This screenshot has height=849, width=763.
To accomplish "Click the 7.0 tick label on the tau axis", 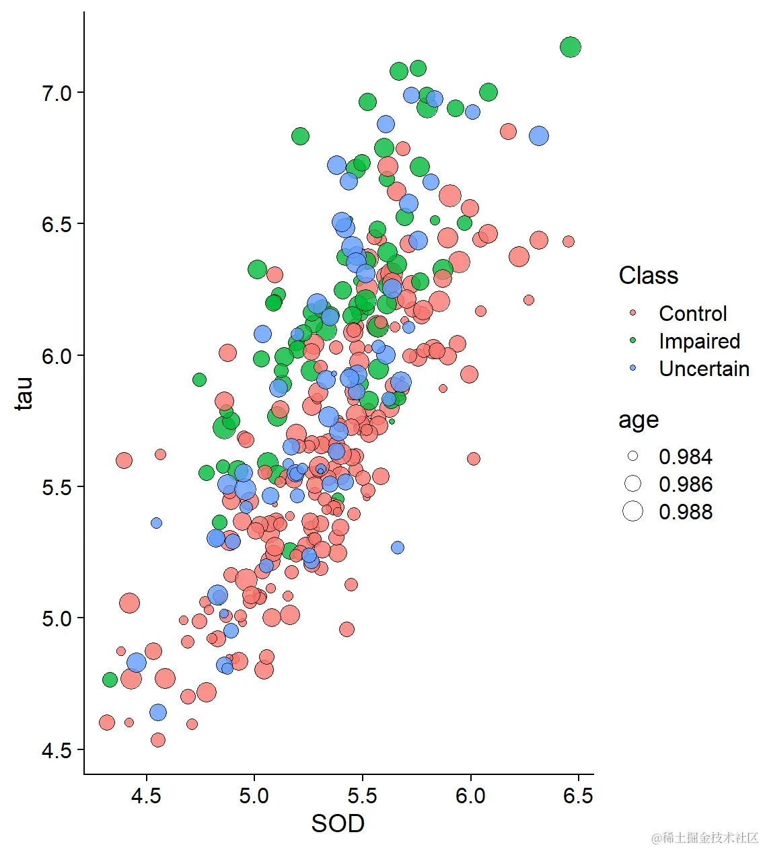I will pos(57,93).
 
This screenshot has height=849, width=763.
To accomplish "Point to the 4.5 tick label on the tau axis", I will pos(57,750).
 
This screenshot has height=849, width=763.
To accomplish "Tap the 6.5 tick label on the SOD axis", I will pos(578,797).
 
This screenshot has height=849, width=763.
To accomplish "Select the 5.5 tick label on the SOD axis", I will pos(362,797).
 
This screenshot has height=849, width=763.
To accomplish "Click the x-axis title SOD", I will pos(338,824).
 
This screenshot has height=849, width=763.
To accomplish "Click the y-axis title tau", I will pos(24,394).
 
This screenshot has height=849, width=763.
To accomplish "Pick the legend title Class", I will pos(648,276).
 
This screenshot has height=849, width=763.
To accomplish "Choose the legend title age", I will pos(638,420).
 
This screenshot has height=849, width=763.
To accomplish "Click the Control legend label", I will pos(692,313).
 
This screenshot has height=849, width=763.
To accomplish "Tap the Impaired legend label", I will pos(699,341).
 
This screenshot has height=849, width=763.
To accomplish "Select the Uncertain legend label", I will pos(704,369).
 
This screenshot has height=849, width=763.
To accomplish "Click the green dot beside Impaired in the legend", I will pos(632,341).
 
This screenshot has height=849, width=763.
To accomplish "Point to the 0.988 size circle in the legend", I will pos(632,512).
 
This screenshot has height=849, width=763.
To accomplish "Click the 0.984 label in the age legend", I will pos(685,457).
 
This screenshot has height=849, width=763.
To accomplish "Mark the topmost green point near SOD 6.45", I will pos(570,47).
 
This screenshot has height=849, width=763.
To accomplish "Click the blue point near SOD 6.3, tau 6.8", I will pos(538,136).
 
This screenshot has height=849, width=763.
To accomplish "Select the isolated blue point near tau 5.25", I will pos(398,548).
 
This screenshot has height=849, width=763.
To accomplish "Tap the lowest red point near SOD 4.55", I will pos(158,740).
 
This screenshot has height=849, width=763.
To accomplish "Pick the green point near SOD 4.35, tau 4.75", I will pos(110,679).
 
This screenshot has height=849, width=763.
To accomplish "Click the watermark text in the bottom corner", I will pos(704,838).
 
